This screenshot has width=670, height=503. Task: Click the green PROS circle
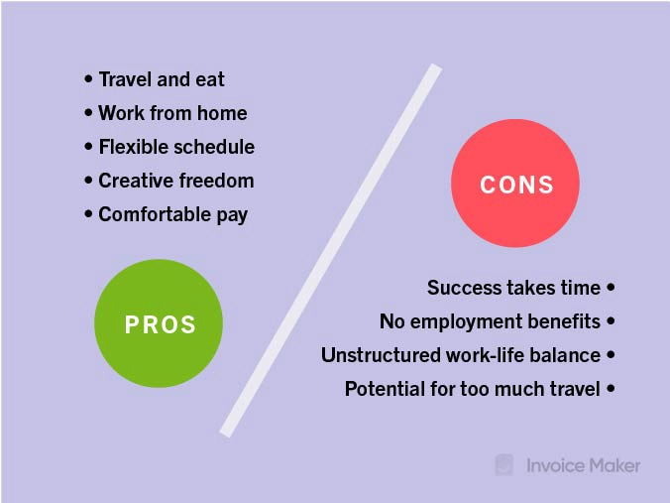point(159,323)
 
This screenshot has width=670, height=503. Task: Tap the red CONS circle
point(515,184)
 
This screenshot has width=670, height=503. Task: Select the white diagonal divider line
point(331,251)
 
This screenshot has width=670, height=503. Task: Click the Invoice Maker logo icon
point(504,465)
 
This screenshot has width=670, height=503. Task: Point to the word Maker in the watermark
point(614,465)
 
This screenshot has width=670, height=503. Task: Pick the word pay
point(232,215)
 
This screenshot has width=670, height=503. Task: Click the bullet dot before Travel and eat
point(88,79)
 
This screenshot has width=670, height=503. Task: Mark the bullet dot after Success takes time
point(612,287)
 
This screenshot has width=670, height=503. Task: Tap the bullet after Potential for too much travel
point(612,388)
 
